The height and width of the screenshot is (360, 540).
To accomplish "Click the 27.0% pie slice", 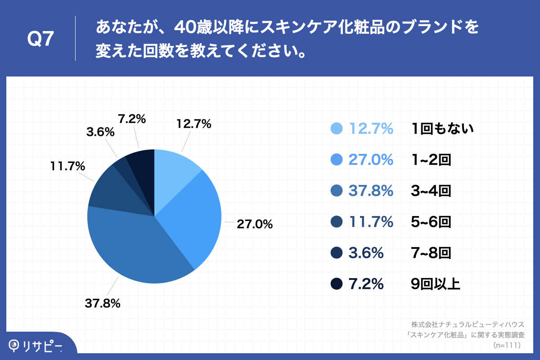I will [193, 216].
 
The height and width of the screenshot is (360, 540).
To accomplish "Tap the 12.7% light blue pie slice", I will [173, 171].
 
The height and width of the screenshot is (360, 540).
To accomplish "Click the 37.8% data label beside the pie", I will [103, 303].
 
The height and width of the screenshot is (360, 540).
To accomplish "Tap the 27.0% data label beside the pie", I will [255, 224].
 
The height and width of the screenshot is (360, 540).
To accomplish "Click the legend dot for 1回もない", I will [336, 129].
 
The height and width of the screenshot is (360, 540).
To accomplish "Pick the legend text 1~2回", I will [431, 160].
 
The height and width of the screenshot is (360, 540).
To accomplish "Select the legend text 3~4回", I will [431, 191].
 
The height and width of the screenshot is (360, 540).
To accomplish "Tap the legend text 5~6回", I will [431, 222].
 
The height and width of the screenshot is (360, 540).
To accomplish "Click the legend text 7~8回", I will [431, 253].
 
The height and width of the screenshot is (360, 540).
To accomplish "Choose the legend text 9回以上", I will [435, 284].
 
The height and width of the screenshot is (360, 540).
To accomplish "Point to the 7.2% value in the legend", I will [366, 284].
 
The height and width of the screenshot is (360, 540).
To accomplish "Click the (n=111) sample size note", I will [507, 345].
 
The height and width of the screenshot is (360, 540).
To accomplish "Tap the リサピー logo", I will [36, 346].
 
